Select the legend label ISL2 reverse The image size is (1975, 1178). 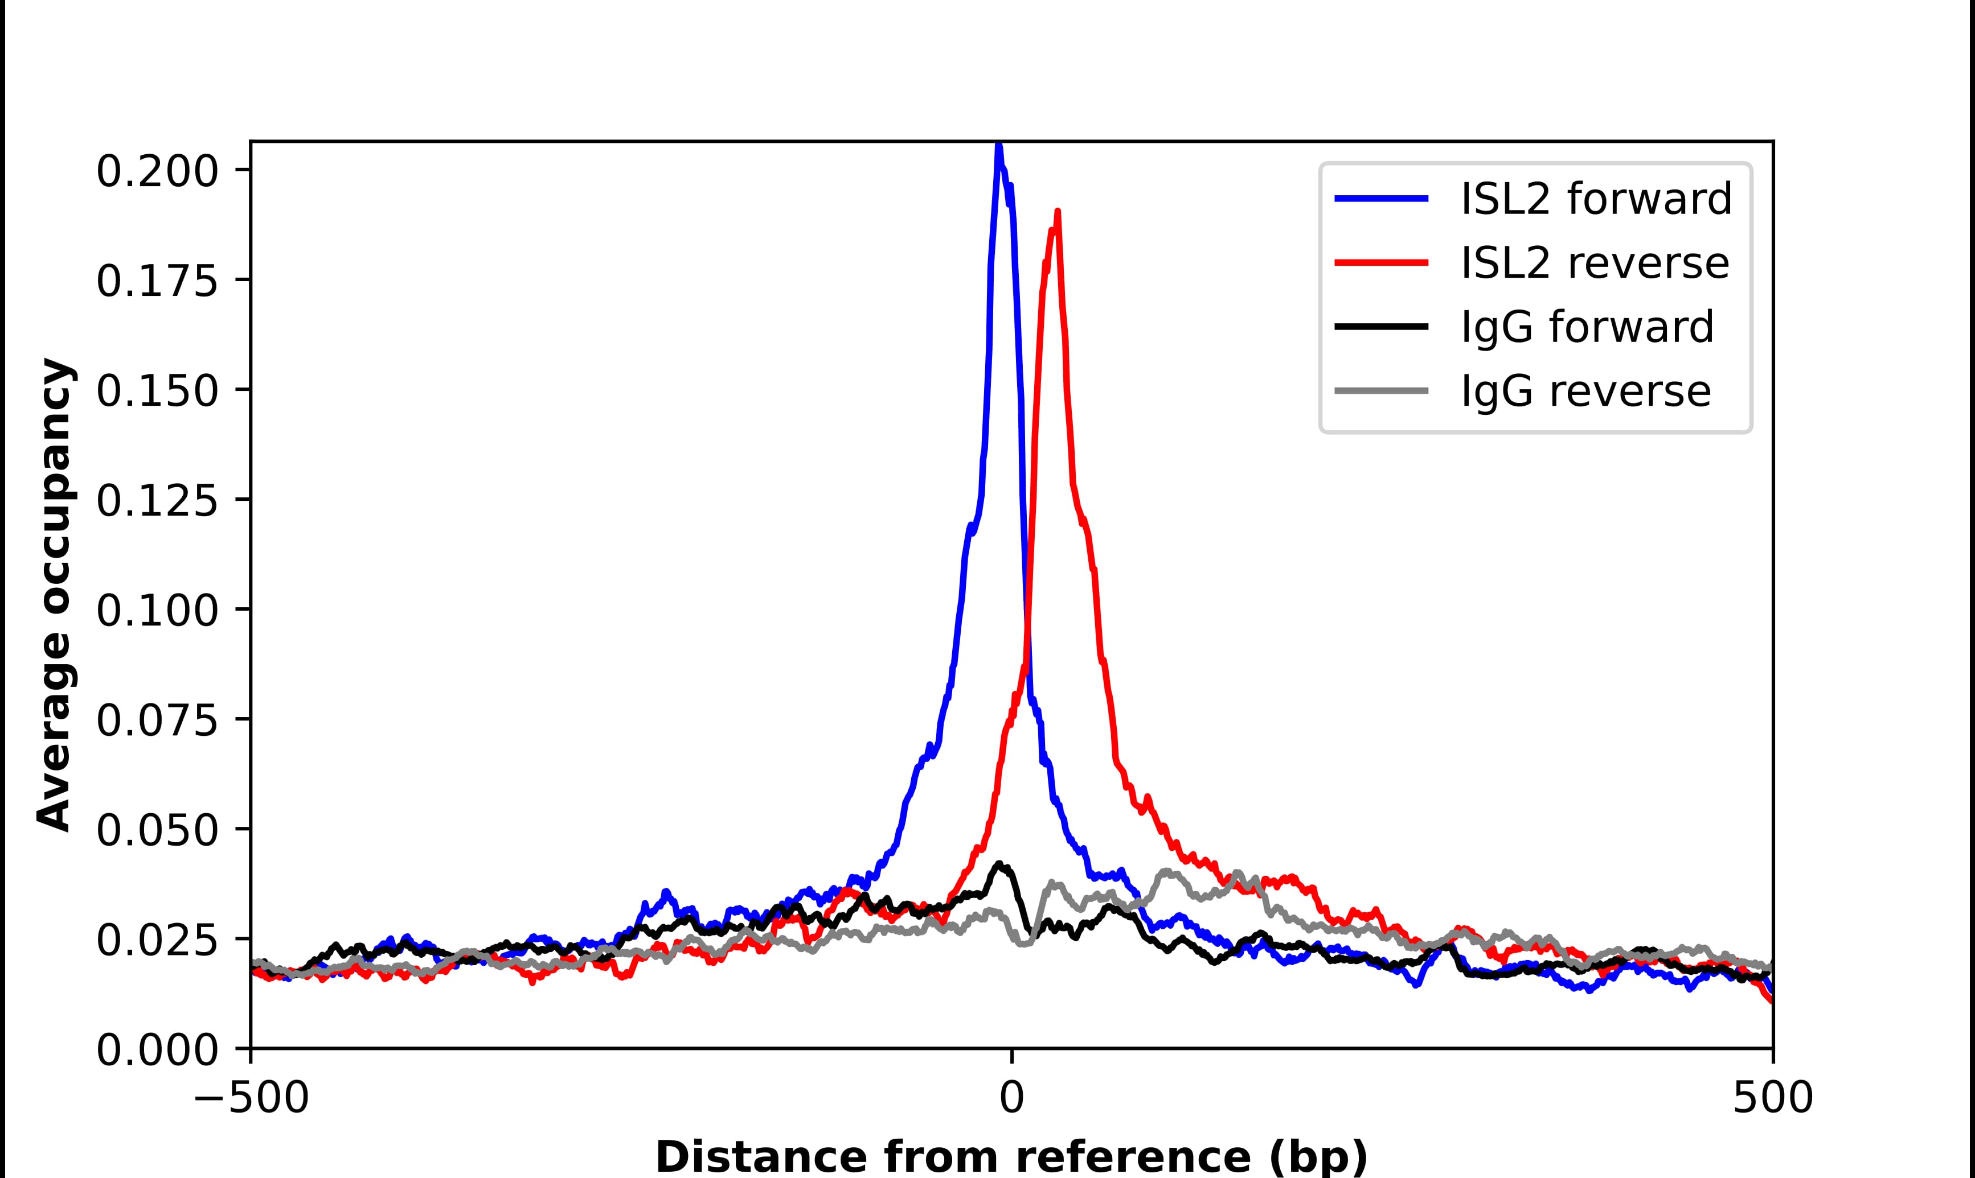(1594, 263)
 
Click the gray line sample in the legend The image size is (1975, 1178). (1382, 390)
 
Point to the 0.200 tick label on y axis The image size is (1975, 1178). (157, 171)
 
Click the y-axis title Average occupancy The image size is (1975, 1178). (56, 595)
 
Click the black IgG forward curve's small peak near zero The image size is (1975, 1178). (1001, 864)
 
